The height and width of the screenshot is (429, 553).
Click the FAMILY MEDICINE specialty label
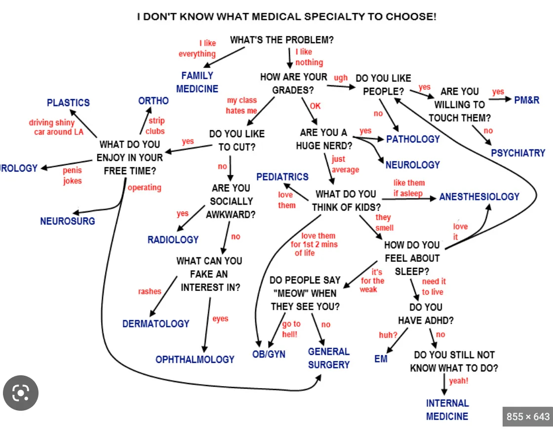197,82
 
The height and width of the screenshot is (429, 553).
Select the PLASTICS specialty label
68,103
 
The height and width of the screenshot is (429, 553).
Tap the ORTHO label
154,101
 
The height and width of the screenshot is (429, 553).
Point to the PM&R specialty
527,100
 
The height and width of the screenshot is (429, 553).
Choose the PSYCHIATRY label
518,153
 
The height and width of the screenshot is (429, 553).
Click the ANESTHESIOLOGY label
479,197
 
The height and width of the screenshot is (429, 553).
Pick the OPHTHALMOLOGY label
195,359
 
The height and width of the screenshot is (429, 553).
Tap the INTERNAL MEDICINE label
447,410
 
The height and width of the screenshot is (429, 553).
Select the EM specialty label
381,358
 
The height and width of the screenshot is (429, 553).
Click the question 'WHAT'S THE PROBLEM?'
281,40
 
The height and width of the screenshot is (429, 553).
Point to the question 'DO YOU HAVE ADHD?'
426,314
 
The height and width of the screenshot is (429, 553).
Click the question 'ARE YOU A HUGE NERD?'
324,139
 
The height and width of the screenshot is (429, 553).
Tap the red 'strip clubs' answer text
155,126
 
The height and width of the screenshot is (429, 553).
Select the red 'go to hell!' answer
290,329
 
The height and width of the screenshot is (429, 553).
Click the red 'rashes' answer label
150,291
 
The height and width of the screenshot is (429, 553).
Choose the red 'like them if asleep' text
409,188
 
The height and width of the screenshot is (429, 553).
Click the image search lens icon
21,393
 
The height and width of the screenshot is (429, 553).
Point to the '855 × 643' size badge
527,417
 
